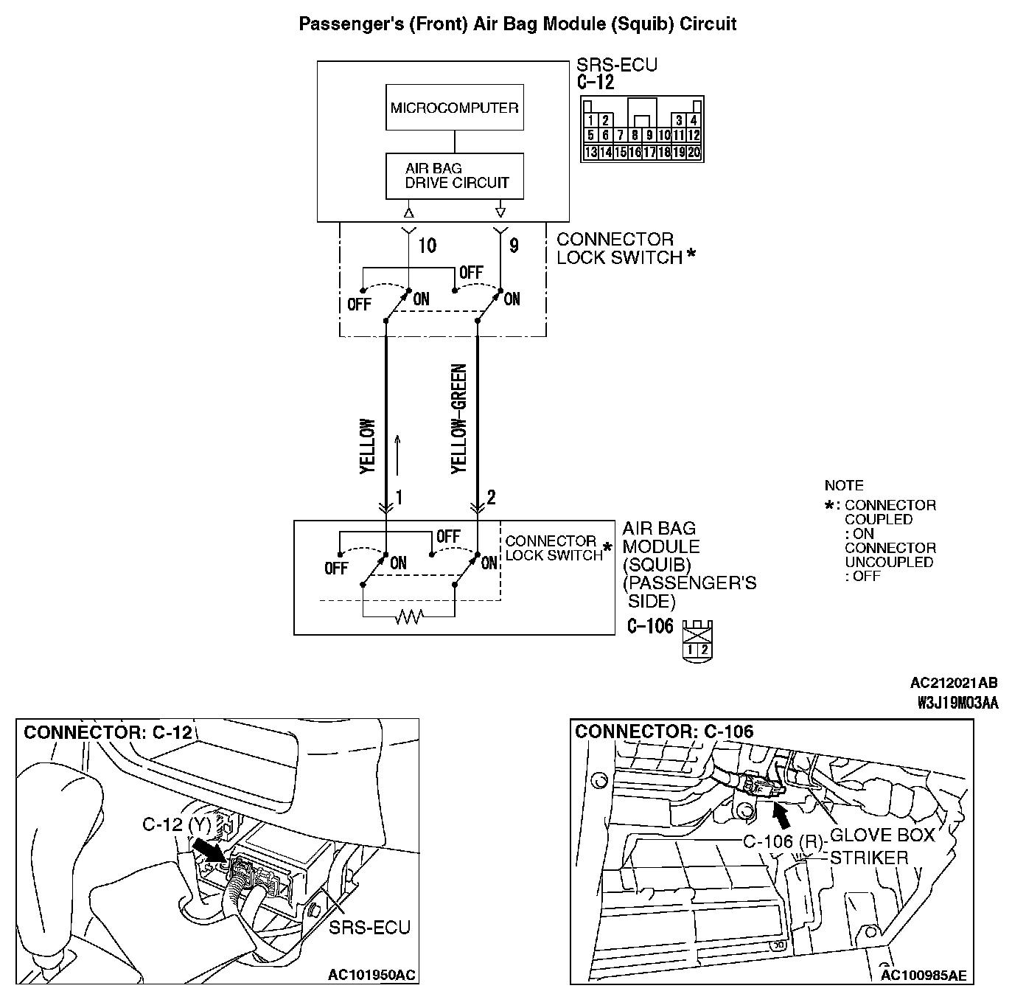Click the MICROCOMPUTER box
[454, 108]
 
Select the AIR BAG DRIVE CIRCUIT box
[454, 175]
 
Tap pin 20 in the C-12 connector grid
[694, 153]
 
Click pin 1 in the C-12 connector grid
[590, 120]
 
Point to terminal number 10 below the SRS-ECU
[427, 246]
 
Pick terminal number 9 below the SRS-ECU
[514, 246]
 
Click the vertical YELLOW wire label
[367, 446]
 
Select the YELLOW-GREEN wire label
[458, 418]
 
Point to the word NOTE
[844, 486]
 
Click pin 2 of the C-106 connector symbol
[705, 650]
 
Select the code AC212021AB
[954, 684]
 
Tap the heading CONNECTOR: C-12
[108, 732]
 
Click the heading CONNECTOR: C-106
[664, 731]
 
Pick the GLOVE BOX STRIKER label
[881, 847]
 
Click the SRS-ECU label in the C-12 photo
[369, 927]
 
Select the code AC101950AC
[371, 976]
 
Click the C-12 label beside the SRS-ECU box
[596, 82]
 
